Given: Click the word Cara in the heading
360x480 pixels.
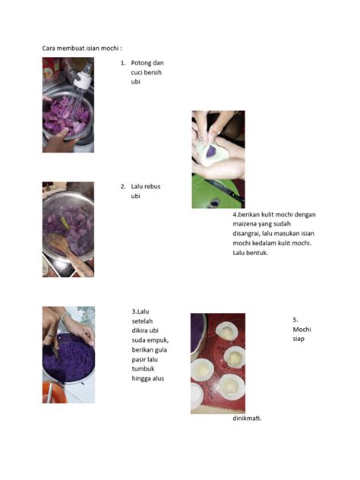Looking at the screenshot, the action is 49,49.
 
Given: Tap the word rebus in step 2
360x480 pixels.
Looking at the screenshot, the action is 153,186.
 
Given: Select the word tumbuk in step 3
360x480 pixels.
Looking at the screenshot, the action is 143,368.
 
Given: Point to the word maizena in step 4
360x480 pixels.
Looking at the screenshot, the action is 245,224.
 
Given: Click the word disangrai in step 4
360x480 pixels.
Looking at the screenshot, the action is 246,234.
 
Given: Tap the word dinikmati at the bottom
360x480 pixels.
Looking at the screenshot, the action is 247,418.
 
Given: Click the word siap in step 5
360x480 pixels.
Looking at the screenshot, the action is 298,339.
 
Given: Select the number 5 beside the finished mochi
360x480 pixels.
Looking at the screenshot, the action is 295,320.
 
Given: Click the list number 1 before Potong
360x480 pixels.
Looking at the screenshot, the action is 123,63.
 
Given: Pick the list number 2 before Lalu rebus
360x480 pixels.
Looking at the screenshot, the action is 123,186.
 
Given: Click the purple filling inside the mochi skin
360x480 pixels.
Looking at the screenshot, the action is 211,151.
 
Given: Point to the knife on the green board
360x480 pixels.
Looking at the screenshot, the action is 224,190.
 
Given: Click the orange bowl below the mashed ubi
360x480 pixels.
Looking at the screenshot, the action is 54,393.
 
